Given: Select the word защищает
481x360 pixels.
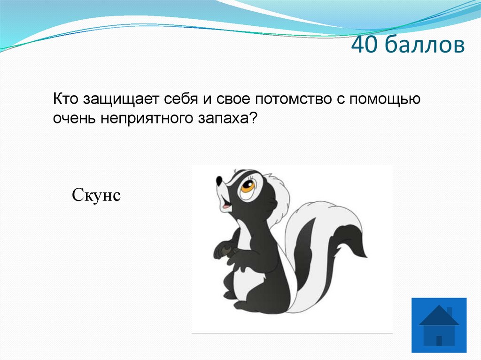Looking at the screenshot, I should pyautogui.click(x=122, y=100).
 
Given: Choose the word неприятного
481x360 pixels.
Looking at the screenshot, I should pyautogui.click(x=143, y=119).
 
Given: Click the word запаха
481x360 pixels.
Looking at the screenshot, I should pyautogui.click(x=220, y=119).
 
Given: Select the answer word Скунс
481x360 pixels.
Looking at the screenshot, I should pyautogui.click(x=97, y=194).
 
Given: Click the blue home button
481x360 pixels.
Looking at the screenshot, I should pyautogui.click(x=439, y=325).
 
